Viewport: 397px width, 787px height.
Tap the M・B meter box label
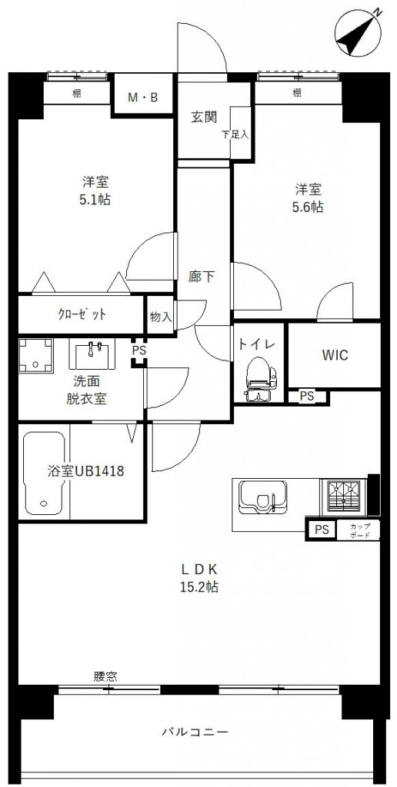(x=142, y=98)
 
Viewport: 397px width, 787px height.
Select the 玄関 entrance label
(x=204, y=117)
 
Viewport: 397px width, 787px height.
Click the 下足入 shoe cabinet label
(x=235, y=134)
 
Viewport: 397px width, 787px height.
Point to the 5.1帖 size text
(x=96, y=200)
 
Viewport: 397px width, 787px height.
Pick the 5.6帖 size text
(x=309, y=207)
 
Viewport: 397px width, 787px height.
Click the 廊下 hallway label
(x=202, y=277)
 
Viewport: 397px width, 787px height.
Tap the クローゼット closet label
(x=82, y=314)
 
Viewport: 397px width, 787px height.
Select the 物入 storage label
(x=161, y=317)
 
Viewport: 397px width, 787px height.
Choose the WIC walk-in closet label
(x=335, y=355)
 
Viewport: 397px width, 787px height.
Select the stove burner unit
(x=344, y=498)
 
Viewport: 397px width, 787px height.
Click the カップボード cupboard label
(x=360, y=530)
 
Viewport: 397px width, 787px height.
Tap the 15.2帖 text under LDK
(x=199, y=586)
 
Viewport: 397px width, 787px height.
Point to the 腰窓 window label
(x=105, y=676)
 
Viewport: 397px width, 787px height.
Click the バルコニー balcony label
(x=195, y=732)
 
